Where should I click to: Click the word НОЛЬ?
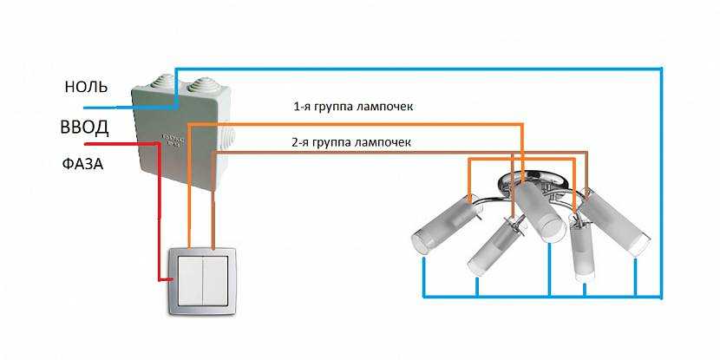[85, 87]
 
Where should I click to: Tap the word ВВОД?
[84, 128]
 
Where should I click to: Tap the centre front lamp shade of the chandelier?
[541, 213]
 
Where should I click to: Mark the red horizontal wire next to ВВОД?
[104, 143]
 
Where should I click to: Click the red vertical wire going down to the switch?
[158, 217]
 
